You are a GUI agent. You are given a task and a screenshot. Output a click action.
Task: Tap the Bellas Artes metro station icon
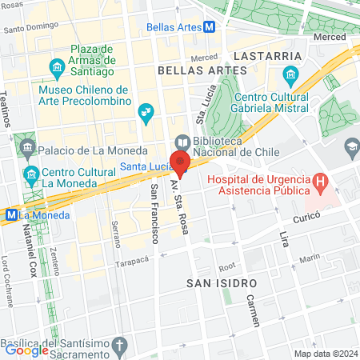coord(209,26)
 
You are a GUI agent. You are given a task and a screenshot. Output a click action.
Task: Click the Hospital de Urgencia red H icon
coord(320,182)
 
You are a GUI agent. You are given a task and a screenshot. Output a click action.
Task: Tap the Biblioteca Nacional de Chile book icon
coord(182,142)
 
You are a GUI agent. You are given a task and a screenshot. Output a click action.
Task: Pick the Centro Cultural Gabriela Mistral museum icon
coord(290,78)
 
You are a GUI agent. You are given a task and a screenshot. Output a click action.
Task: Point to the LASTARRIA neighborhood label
coord(268,56)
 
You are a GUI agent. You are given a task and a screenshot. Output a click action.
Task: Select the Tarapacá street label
coord(132,262)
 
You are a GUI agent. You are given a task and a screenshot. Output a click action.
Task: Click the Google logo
coord(26,350)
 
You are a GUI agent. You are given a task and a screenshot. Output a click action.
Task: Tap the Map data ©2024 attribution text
coord(326,354)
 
